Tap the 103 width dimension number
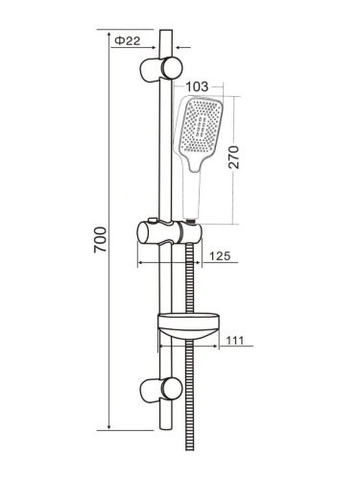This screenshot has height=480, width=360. click(199, 87)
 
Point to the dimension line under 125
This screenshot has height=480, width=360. click(187, 263)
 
